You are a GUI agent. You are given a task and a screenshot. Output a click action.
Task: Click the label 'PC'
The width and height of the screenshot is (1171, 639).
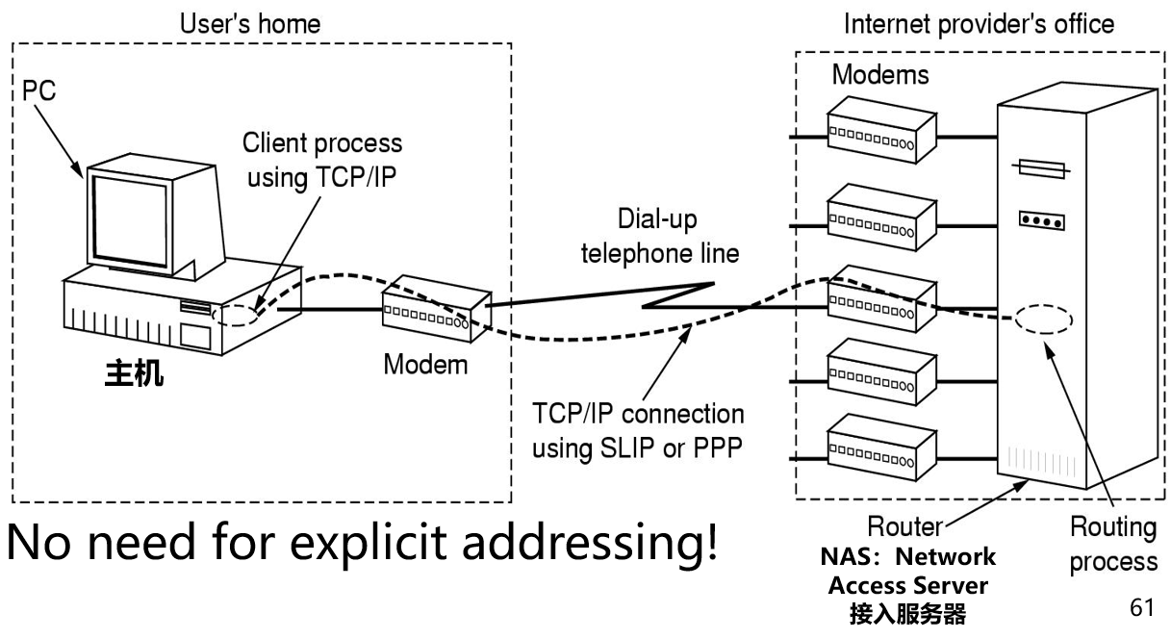click(x=39, y=91)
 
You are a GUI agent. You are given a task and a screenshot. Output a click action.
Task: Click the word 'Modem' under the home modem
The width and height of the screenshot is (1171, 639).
click(x=425, y=365)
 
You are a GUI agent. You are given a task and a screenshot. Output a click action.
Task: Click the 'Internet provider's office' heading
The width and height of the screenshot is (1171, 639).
click(x=979, y=22)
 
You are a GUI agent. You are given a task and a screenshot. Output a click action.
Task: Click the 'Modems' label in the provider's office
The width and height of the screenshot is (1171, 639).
click(x=880, y=74)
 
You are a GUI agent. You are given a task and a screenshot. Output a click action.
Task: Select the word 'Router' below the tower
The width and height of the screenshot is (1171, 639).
click(x=904, y=526)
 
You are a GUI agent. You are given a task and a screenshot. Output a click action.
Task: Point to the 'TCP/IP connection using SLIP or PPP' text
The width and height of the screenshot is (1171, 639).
click(x=638, y=430)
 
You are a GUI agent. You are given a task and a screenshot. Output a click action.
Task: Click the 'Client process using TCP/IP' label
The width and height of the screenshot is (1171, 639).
click(x=322, y=160)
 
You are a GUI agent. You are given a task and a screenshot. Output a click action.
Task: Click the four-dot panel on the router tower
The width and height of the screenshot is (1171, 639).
click(x=1042, y=221)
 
